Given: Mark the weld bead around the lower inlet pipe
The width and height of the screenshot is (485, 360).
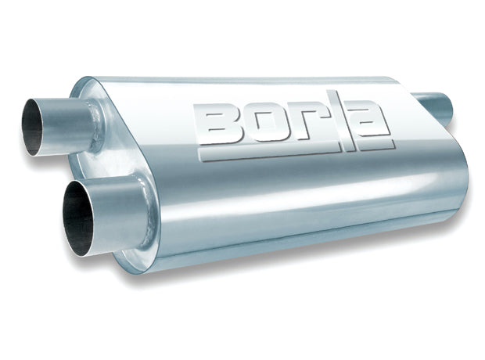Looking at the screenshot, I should (148, 205).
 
